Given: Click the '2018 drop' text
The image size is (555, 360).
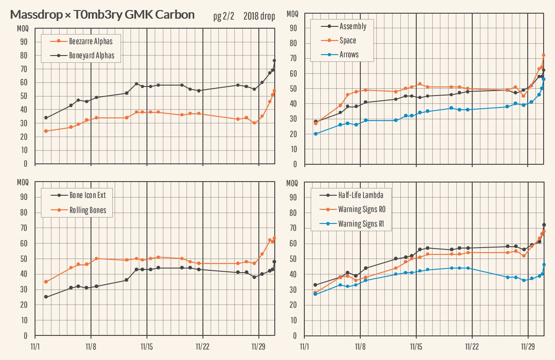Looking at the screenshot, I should click(x=259, y=17).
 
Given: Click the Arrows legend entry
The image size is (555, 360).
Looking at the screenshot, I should click(x=349, y=55).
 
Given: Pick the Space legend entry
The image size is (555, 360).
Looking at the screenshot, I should click(x=348, y=41).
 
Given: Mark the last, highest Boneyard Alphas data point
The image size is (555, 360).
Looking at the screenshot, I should click(x=274, y=61).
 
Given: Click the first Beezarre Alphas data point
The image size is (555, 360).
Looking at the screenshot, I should click(x=46, y=131).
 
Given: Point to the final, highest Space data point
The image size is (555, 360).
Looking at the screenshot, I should click(x=544, y=55).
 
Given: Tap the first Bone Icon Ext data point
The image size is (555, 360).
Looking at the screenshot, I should click(x=46, y=297).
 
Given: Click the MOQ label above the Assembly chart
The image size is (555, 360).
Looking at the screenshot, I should click(x=293, y=14).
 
